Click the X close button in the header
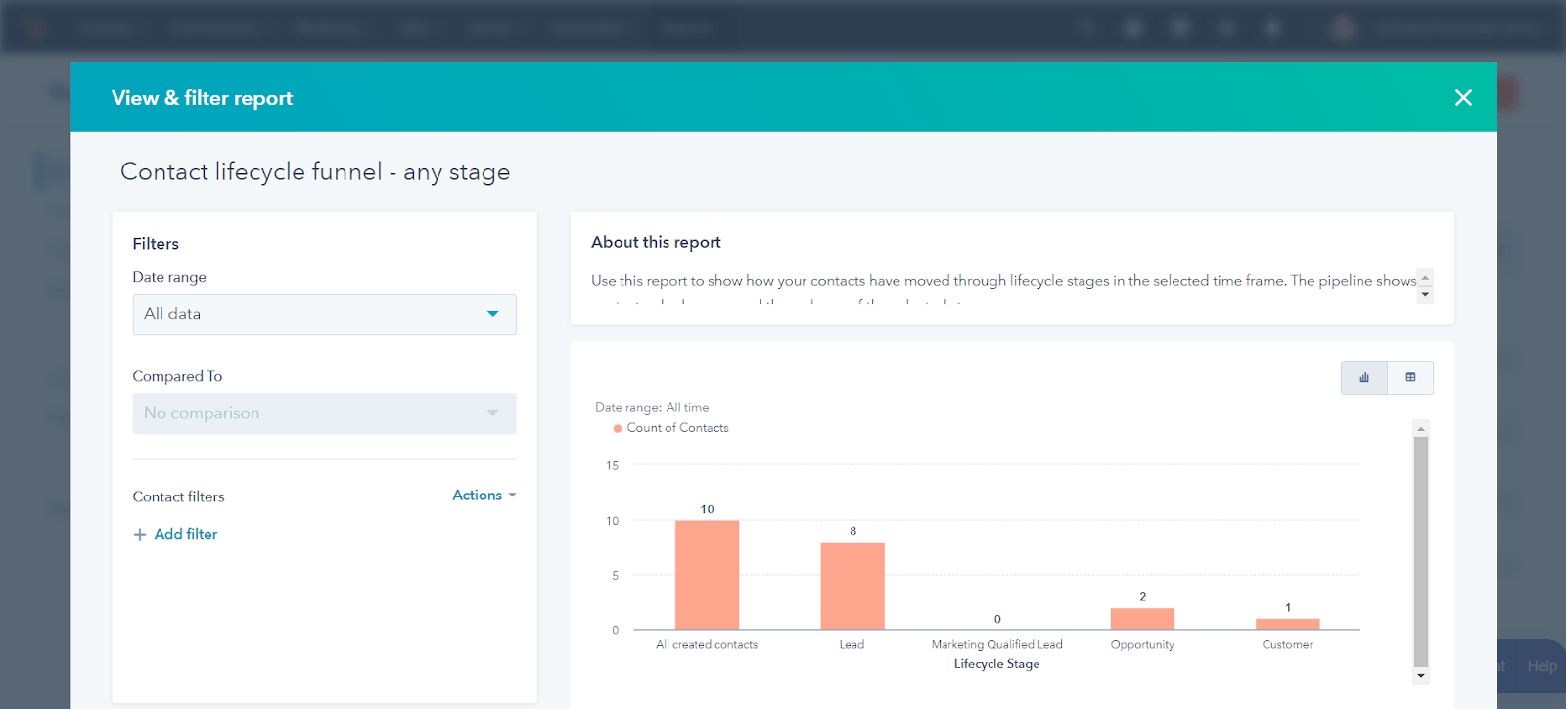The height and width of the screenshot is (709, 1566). [1463, 98]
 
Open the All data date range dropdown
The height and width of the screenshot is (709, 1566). [324, 314]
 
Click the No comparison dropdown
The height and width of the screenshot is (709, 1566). [324, 413]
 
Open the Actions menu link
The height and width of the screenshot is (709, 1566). [484, 496]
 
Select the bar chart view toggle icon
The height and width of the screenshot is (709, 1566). [1364, 378]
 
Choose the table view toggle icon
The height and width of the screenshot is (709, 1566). [1410, 378]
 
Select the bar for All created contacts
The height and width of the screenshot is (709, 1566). [707, 575]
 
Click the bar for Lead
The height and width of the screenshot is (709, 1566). [852, 586]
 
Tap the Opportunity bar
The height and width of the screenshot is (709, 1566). [1142, 619]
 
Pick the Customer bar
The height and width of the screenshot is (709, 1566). [1287, 624]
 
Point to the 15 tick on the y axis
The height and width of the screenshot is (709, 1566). [613, 466]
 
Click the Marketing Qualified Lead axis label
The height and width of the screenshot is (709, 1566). [996, 644]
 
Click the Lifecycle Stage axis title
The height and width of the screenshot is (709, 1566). [996, 664]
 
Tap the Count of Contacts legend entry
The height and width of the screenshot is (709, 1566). [676, 428]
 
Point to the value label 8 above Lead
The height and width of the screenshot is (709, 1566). [852, 531]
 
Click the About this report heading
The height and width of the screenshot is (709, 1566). [656, 242]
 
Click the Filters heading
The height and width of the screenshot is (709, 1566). [156, 244]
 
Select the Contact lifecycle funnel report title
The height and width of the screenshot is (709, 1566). [315, 172]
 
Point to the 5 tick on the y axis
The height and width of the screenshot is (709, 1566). [615, 576]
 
